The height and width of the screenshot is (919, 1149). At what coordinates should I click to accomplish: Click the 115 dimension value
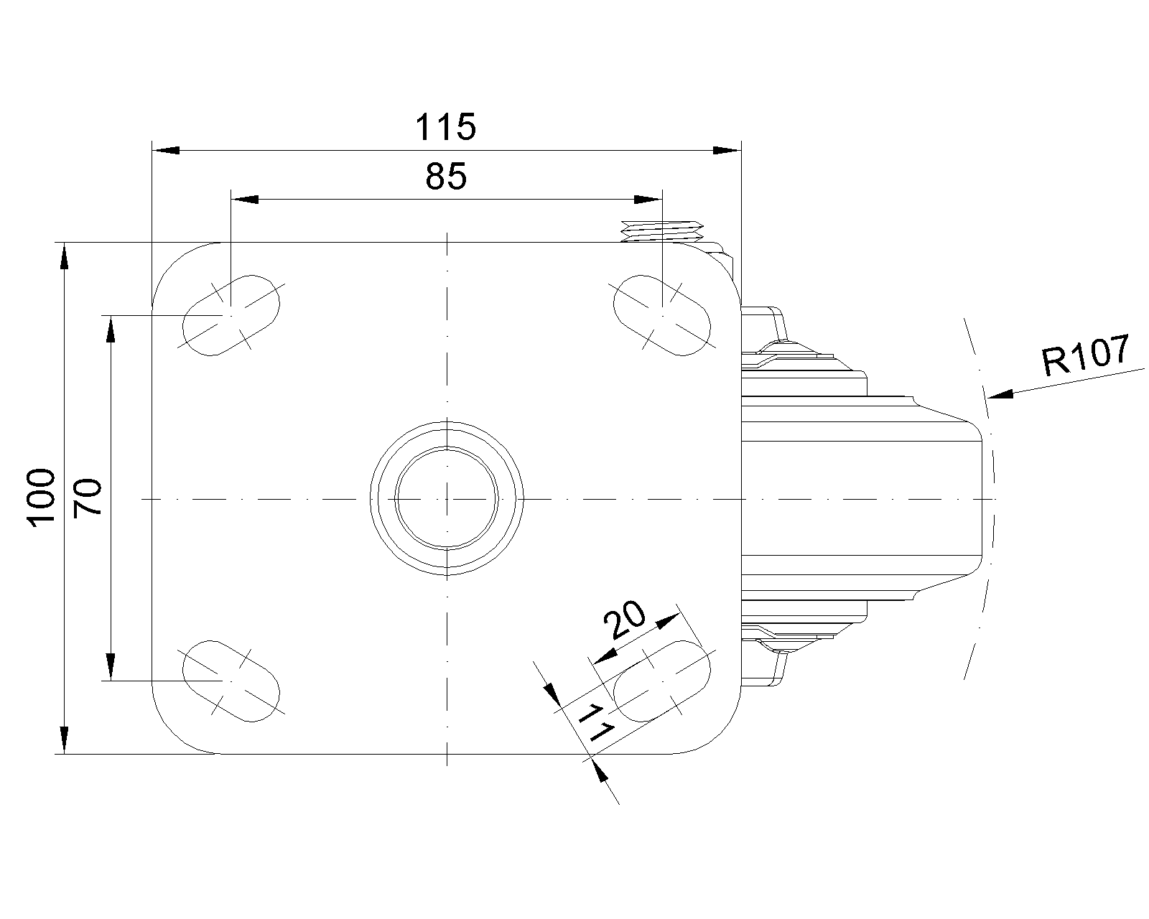445,127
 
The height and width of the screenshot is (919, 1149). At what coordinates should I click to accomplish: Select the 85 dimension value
445,176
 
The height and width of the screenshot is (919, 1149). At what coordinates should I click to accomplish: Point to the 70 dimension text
89,498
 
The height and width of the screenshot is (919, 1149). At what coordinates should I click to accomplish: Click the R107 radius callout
1086,355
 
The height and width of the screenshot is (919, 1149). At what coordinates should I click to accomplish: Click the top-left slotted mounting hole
231,314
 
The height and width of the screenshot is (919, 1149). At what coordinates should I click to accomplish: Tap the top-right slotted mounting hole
661,314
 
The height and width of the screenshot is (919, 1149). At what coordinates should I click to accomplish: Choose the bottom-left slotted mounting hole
231,680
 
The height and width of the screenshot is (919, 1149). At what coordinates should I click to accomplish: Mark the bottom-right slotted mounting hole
661,680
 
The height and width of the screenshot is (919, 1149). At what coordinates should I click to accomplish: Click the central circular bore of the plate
447,498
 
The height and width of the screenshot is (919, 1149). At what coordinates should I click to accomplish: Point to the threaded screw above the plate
661,230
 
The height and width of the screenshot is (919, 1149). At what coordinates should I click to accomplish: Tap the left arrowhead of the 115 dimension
165,151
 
